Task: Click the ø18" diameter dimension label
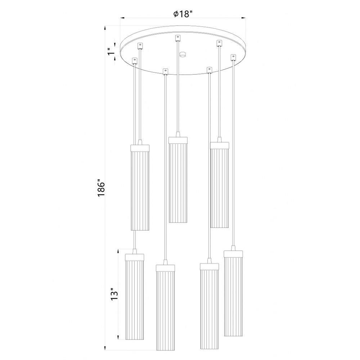183,14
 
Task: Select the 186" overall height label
101,188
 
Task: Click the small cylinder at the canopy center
183,54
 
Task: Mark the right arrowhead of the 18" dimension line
244,17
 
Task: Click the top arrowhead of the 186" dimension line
105,28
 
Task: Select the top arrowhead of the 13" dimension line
118,251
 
